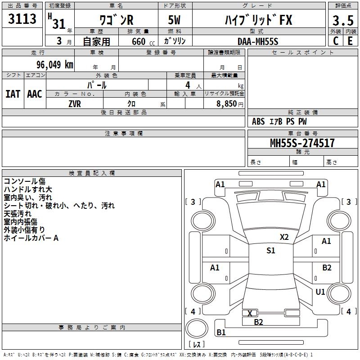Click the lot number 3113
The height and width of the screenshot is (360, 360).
[22, 18]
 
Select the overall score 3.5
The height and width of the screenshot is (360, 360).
[343, 20]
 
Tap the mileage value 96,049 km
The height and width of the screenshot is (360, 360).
[54, 64]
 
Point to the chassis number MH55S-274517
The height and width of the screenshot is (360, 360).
[302, 143]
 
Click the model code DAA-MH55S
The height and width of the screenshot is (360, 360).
[258, 41]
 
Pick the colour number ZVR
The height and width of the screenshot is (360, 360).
[75, 104]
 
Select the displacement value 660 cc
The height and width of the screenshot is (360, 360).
[143, 41]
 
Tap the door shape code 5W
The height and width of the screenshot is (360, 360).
[174, 20]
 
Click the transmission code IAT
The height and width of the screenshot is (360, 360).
[13, 94]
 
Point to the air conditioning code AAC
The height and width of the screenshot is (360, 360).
[35, 94]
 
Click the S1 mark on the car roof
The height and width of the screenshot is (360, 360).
[271, 250]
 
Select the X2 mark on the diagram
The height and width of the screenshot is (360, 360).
[284, 237]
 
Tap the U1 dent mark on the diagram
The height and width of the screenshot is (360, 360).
[320, 292]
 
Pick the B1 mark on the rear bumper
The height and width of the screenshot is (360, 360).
[221, 332]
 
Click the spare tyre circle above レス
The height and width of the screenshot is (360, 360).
[197, 328]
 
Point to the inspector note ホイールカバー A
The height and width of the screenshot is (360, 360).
[31, 238]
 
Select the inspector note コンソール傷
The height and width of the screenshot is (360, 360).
[25, 181]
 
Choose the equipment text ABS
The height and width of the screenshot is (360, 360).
[258, 121]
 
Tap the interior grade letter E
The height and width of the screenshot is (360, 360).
[350, 41]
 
